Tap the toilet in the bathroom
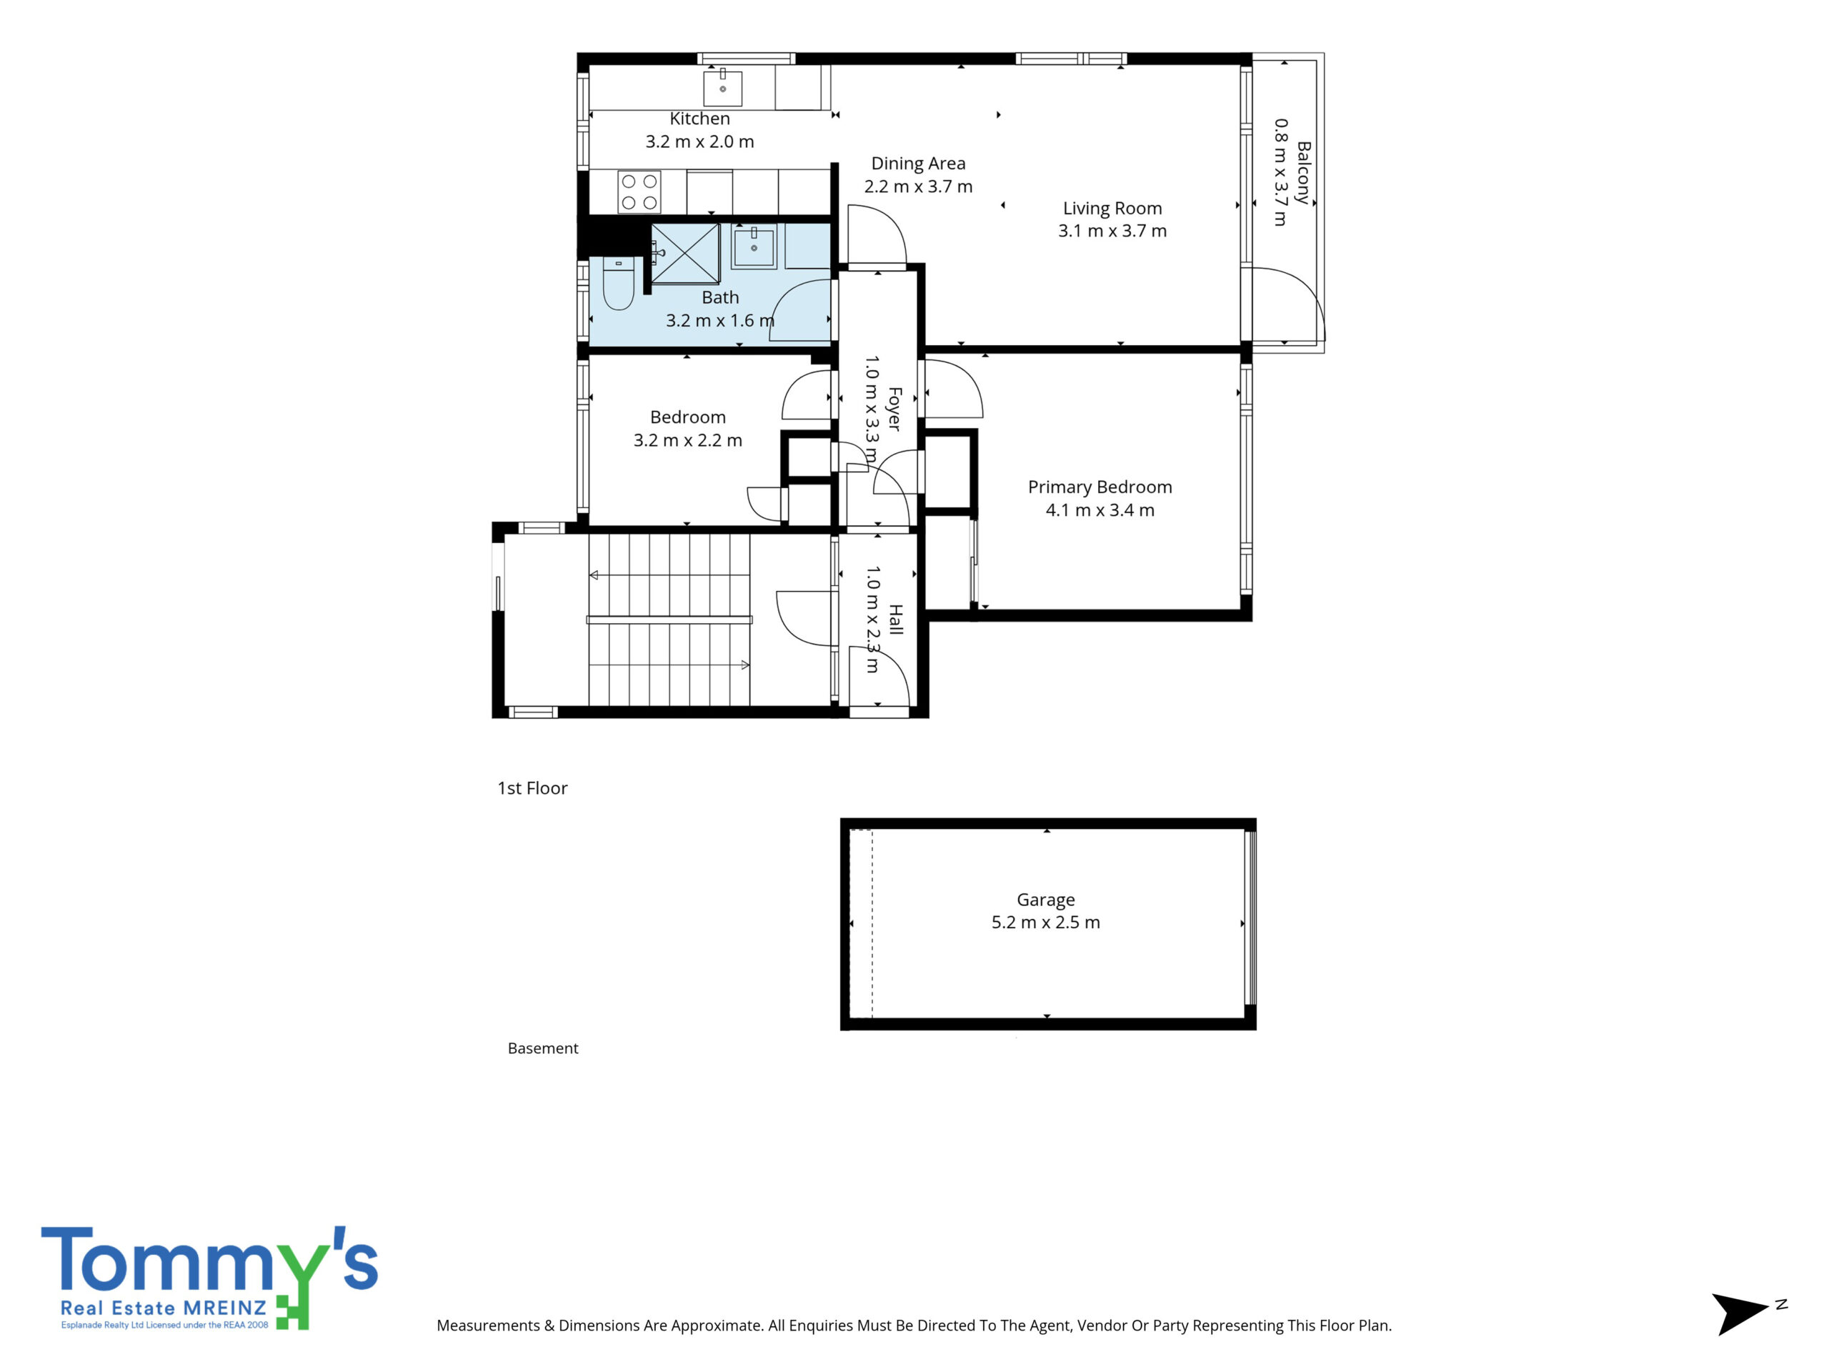click(619, 284)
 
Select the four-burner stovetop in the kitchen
click(639, 192)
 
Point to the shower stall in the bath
click(685, 253)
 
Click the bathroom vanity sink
click(754, 248)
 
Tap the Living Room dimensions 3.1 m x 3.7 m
click(1112, 232)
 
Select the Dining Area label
click(918, 164)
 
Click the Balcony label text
click(1303, 172)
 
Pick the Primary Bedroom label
click(1100, 488)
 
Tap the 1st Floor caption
click(532, 788)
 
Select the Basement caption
click(542, 1048)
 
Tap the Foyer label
click(894, 409)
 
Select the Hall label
click(894, 620)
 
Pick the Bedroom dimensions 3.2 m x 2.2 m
click(688, 441)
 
